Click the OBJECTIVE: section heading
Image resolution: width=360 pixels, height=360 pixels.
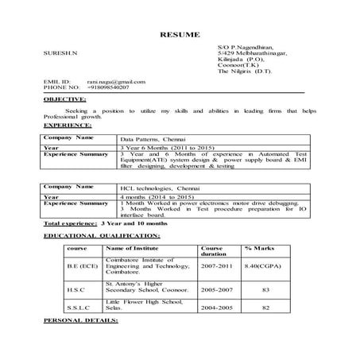[64, 99]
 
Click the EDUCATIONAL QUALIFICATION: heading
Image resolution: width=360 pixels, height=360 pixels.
[102, 236]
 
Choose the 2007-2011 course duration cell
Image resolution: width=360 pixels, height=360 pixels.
[218, 264]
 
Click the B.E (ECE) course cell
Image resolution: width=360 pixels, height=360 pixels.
[82, 264]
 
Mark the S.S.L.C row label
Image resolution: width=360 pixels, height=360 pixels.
[79, 307]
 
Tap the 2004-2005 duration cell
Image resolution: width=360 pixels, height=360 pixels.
[218, 307]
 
